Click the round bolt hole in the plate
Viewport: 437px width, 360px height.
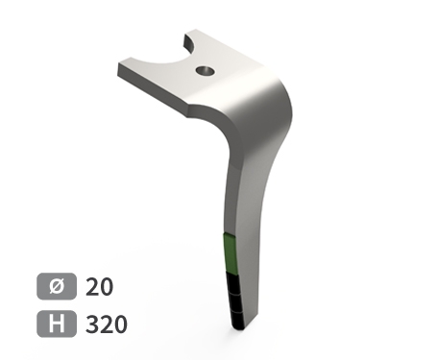pos(203,70)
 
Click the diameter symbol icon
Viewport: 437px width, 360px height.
pos(55,287)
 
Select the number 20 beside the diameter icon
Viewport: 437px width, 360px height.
pos(99,287)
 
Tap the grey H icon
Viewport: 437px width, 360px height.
pos(55,324)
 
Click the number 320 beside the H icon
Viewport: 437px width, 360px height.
pos(106,324)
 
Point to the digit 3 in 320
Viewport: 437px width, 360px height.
pos(92,324)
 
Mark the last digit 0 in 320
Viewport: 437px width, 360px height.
pos(119,324)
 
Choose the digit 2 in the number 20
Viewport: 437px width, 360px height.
pos(92,287)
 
